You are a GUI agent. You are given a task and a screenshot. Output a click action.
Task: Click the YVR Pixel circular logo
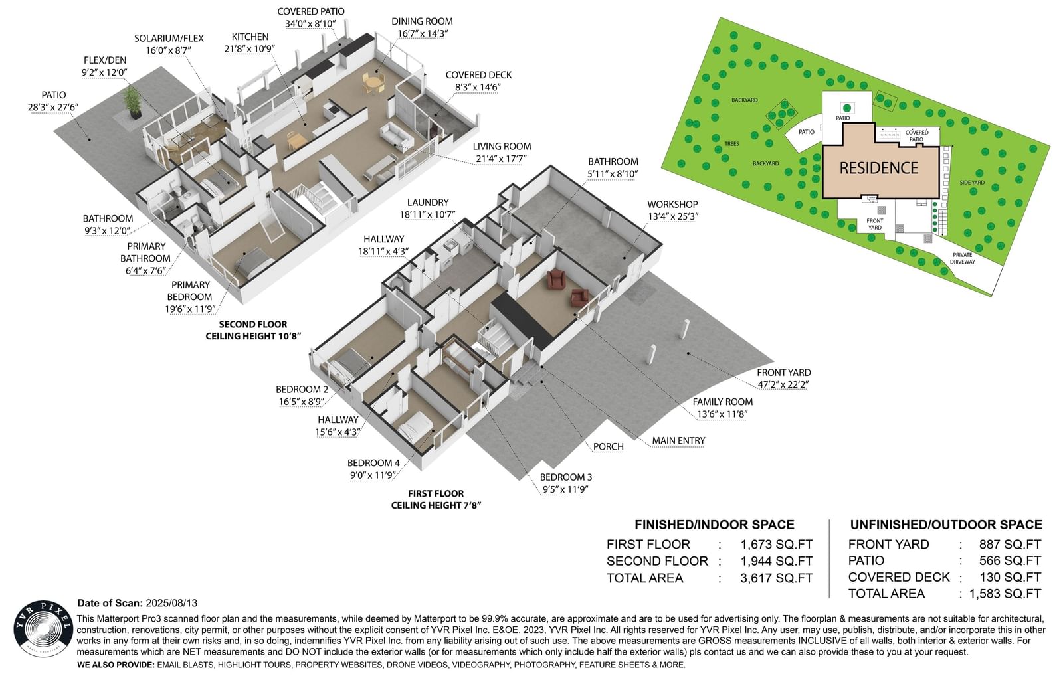click(43, 629)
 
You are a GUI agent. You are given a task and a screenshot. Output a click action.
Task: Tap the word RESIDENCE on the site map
click(878, 168)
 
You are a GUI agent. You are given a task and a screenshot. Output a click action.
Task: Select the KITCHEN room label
click(250, 37)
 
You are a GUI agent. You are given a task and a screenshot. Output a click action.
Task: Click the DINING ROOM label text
click(422, 21)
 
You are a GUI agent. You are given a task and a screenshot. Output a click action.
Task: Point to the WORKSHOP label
click(672, 205)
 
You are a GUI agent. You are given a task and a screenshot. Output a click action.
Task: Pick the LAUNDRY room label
click(428, 202)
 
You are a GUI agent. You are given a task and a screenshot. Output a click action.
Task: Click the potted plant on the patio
click(132, 103)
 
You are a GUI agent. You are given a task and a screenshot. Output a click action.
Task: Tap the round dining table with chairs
click(375, 84)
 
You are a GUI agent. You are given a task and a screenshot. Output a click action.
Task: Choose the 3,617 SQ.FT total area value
click(777, 578)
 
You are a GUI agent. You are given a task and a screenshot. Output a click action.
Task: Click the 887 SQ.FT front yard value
click(1010, 544)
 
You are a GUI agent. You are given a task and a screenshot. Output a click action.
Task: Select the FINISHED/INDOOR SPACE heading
click(714, 524)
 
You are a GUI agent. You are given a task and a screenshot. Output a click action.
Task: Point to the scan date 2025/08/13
click(171, 603)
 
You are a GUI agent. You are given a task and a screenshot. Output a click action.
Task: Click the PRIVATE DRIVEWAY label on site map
click(963, 258)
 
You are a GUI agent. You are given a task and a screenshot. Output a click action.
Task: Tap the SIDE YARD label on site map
click(972, 183)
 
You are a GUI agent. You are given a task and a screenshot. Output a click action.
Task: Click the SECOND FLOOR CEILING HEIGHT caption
click(253, 330)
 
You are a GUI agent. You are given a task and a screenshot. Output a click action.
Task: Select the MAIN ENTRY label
click(678, 441)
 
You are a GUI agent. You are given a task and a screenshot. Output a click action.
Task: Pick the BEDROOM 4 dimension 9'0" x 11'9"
click(373, 475)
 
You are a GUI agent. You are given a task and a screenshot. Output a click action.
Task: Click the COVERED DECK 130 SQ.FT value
click(1011, 577)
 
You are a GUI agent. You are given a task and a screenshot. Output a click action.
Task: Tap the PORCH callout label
click(608, 446)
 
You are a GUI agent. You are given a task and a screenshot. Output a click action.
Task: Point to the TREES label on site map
click(731, 143)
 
